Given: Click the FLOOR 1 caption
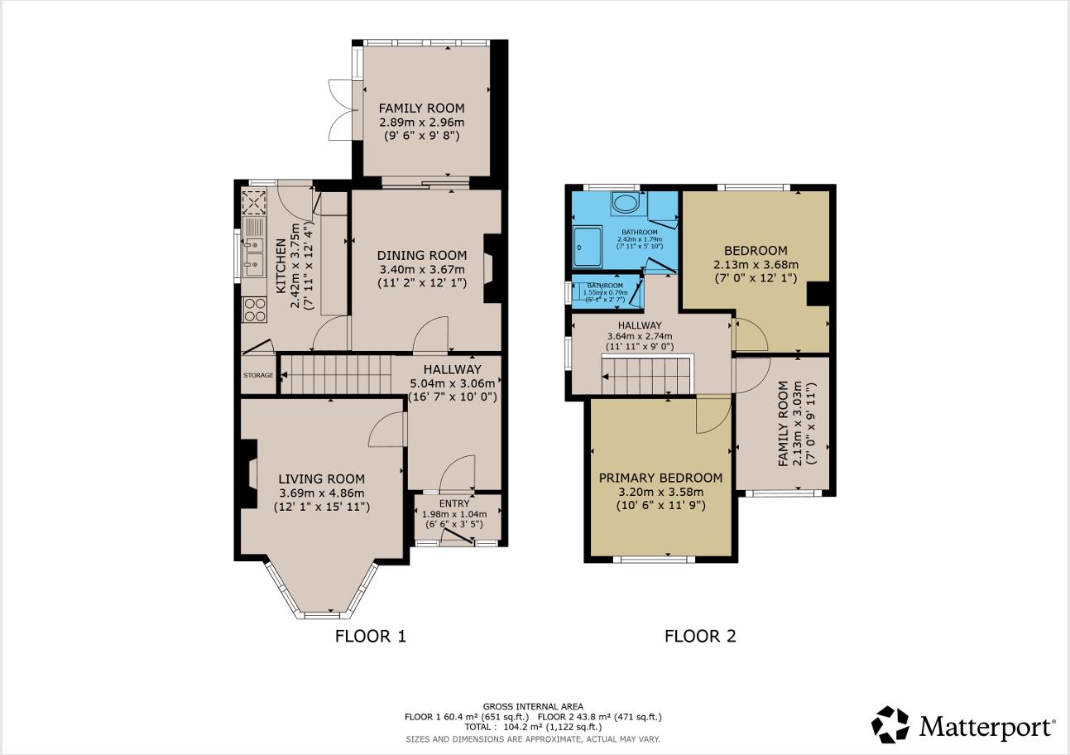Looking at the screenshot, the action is tap(370, 637).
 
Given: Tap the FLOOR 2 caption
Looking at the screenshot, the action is tap(700, 637).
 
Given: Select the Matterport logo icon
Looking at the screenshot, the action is tap(890, 725).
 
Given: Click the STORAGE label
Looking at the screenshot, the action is tap(258, 375).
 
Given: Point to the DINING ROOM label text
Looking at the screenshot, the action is tap(422, 256).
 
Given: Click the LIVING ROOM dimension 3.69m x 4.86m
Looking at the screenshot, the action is tap(321, 493).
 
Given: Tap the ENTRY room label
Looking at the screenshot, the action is tap(454, 503).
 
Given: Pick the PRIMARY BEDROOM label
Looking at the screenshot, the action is tap(660, 478).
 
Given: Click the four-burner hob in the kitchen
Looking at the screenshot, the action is tap(254, 310).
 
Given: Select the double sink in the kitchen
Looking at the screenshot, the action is tap(254, 248).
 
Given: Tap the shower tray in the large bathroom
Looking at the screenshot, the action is tap(588, 247).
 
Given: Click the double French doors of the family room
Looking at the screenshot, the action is tap(342, 110).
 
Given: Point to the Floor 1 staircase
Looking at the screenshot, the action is tap(336, 375).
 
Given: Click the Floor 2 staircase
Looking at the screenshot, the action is tap(646, 375).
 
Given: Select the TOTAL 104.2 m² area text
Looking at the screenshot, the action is tap(533, 728).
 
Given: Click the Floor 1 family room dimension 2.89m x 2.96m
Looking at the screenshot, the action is tap(422, 123).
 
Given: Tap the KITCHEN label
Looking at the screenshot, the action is tap(281, 266).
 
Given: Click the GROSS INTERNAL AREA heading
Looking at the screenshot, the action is tap(533, 706).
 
